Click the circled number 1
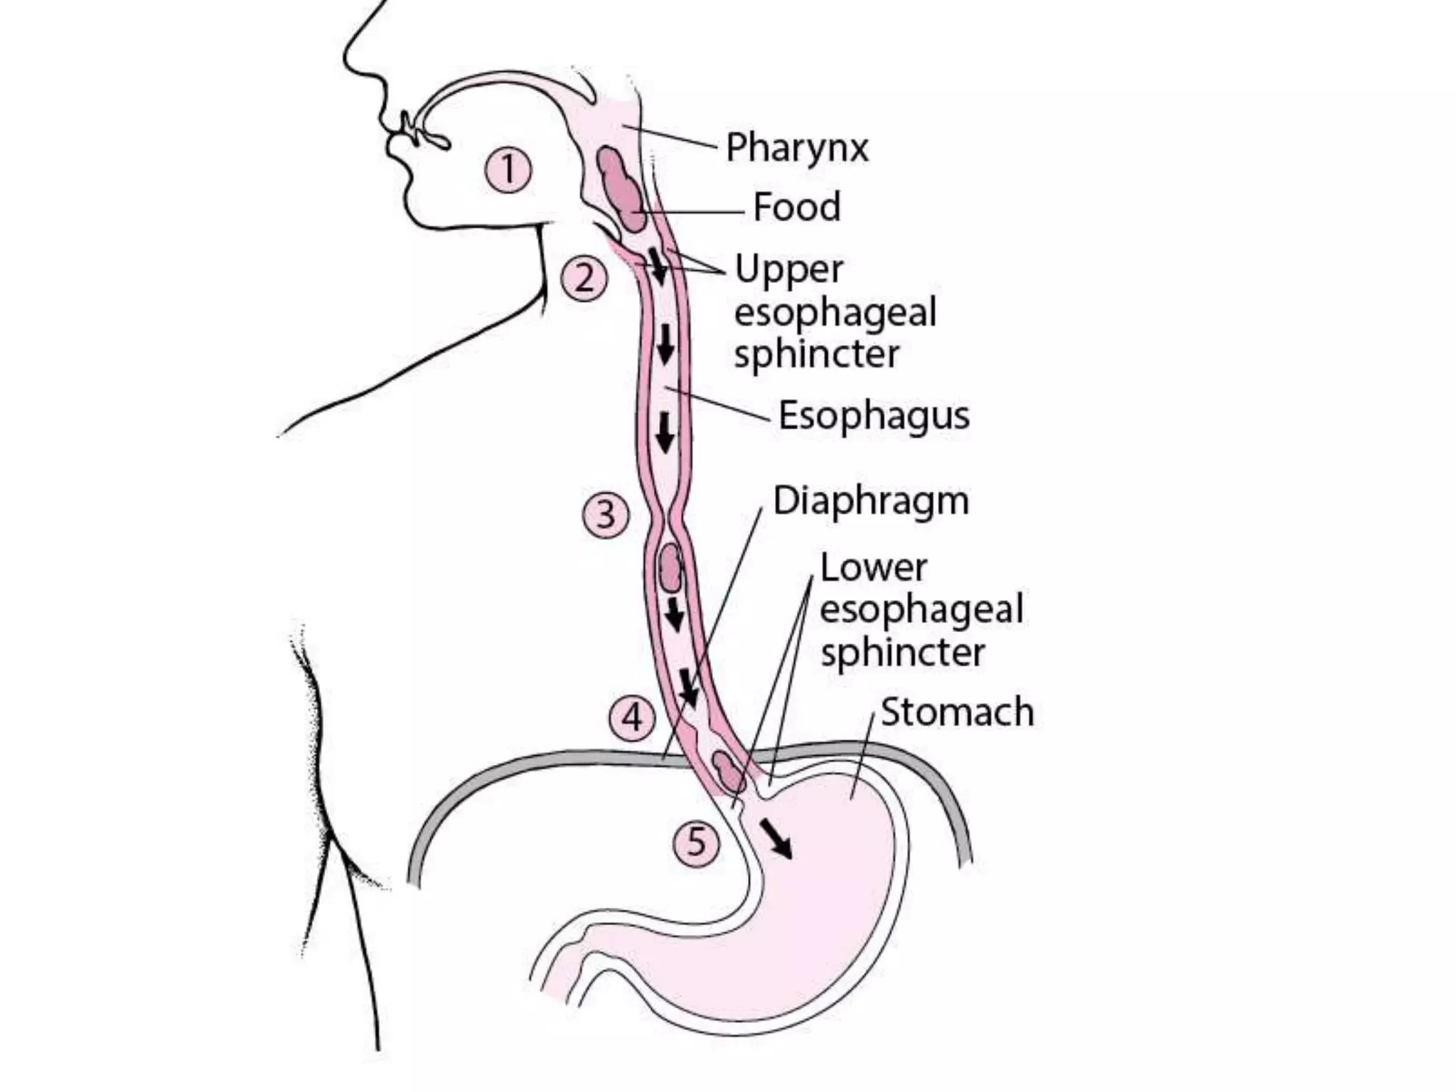508,170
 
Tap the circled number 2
584,279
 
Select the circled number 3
606,514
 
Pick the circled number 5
697,842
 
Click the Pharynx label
797,148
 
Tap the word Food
797,207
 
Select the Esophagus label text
874,415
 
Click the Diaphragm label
871,501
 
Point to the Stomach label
957,712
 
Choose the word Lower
874,568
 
